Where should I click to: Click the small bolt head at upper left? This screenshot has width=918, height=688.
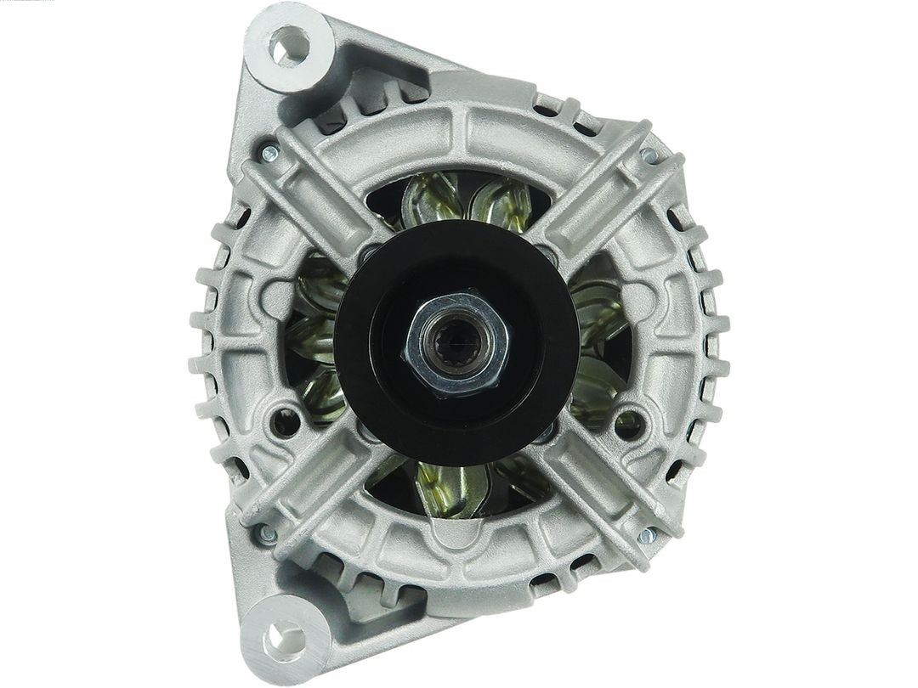click(x=269, y=154)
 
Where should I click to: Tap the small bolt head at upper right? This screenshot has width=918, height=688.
click(x=649, y=155)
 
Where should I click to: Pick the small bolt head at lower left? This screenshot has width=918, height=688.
click(x=267, y=534)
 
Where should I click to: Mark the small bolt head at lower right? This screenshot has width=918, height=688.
click(x=647, y=535)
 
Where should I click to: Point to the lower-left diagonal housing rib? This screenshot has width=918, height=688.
click(x=314, y=493)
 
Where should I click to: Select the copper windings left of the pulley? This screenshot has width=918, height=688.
click(x=319, y=340)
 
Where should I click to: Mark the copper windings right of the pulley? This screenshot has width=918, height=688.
click(x=599, y=340)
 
